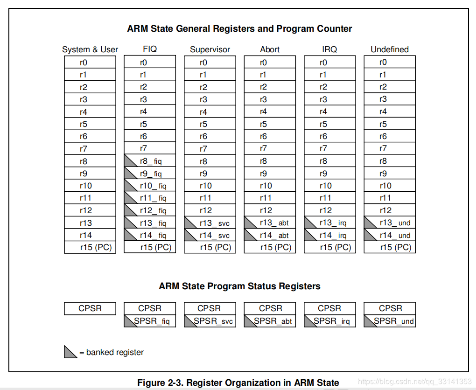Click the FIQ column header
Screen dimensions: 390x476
coord(150,49)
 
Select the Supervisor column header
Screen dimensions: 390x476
coord(210,49)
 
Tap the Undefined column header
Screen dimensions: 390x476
coord(390,49)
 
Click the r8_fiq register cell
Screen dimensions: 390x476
coord(150,161)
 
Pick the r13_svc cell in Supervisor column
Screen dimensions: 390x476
coord(210,223)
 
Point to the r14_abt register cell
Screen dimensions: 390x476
coord(270,235)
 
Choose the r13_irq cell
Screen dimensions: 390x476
coord(330,223)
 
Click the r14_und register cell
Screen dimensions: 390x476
coord(390,235)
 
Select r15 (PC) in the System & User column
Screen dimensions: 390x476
coord(90,248)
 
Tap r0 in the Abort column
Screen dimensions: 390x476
coord(270,63)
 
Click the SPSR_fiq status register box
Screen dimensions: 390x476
coord(150,321)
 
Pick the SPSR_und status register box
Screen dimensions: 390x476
coord(390,321)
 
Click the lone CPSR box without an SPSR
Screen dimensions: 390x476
coord(90,308)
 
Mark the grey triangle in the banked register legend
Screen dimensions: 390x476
coord(70,352)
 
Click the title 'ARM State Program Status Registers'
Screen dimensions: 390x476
coord(239,286)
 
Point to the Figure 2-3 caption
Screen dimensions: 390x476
coord(238,383)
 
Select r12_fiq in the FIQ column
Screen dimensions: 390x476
coord(150,210)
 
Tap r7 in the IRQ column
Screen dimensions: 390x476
coord(330,149)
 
